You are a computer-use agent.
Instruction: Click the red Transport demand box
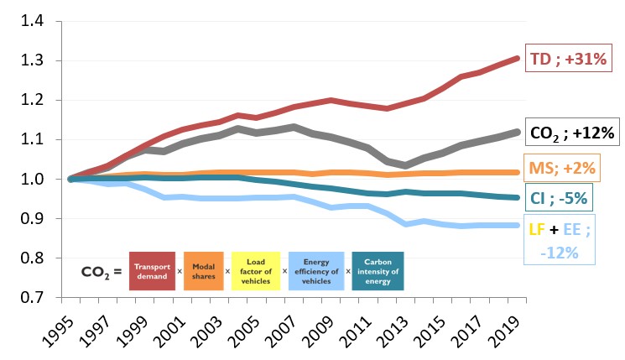154,271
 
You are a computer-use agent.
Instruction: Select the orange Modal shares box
205,271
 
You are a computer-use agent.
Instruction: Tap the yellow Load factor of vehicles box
256,271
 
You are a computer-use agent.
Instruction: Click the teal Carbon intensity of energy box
378,271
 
